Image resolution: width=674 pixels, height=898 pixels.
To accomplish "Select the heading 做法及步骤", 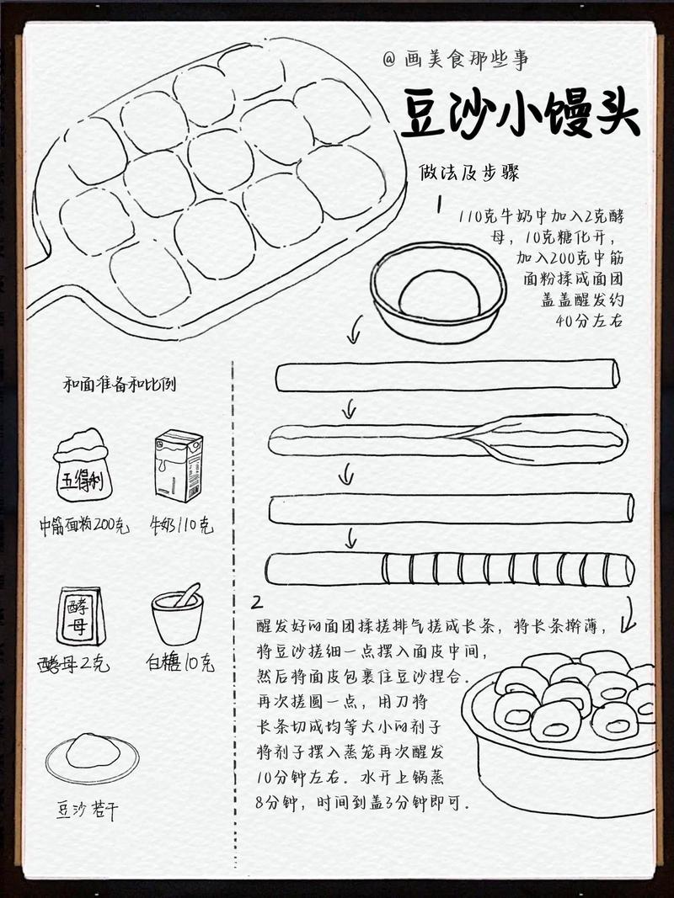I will pos(469,173).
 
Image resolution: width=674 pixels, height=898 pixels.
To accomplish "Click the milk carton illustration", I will pos(178,465).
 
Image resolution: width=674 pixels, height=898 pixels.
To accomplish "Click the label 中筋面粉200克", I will pos(84,526).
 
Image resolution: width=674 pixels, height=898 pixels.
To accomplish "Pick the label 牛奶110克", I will pos(180,526).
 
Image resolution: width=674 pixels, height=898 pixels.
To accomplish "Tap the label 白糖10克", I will pos(179,663).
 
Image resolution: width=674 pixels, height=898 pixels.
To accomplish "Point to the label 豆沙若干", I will pos(88,810).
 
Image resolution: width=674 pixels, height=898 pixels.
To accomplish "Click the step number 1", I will pos(440,205).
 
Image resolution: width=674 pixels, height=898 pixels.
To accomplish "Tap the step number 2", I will pos(256,603).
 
